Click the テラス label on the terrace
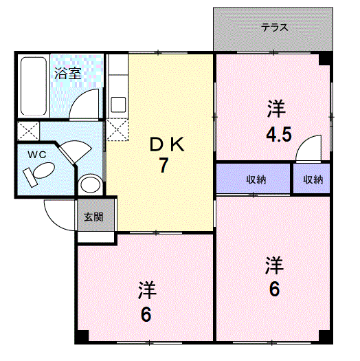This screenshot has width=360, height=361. pos(274,28)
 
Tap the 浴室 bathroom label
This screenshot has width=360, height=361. pos(68,73)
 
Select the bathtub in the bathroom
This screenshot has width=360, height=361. pos(34,86)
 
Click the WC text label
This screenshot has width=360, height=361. pos(37,155)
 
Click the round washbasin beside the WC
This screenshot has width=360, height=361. pos(90,184)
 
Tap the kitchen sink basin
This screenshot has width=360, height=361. pos(118,105)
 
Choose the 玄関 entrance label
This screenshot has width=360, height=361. pos(93,217)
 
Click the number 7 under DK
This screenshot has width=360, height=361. pos(164,165)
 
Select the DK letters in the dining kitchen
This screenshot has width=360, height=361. pos(167,144)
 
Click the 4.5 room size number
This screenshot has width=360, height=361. pos(279,134)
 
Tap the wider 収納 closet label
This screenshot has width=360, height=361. pos(256,179)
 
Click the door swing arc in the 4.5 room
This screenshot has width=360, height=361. pos(303,141)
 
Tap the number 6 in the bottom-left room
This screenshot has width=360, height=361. pos(146,315)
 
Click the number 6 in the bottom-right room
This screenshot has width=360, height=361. pos(274,289)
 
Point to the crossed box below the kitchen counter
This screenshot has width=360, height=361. pos(117,129)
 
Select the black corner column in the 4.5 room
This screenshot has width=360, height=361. pos(324,59)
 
